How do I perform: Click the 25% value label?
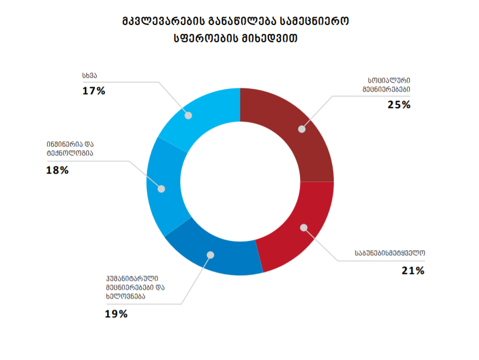[399, 104]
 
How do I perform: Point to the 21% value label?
[413, 271]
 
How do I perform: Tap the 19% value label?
[116, 314]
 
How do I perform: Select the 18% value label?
[58, 170]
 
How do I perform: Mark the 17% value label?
[94, 91]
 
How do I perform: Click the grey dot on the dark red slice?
[302, 129]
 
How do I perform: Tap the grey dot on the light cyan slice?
[188, 115]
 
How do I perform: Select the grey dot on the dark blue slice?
[210, 255]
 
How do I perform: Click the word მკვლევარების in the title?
[161, 22]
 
